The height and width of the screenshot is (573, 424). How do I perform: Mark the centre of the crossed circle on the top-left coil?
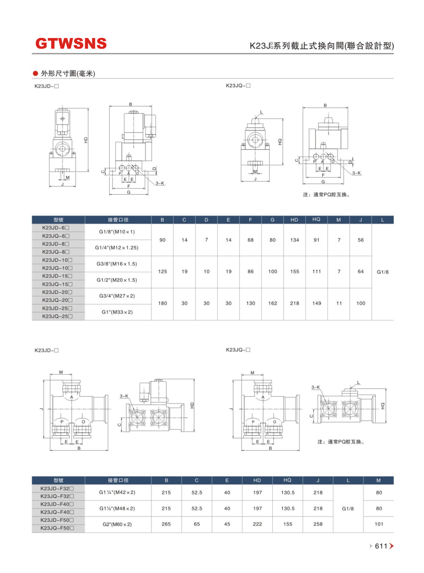click(x=62, y=119)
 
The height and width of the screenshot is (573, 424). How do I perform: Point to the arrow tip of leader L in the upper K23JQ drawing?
click(x=255, y=118)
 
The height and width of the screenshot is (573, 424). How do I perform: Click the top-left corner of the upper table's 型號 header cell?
click(x=32, y=216)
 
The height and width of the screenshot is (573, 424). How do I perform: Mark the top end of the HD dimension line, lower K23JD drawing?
click(x=194, y=379)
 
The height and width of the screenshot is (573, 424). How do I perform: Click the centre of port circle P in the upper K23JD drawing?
click(x=122, y=168)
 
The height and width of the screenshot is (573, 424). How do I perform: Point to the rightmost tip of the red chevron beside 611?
click(x=393, y=546)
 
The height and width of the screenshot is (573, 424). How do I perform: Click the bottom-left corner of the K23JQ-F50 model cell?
click(x=32, y=532)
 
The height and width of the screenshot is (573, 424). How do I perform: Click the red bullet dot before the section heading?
click(x=35, y=74)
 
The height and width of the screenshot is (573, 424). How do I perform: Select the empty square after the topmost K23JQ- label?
click(x=248, y=86)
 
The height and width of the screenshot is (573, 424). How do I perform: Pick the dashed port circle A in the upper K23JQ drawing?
click(x=323, y=156)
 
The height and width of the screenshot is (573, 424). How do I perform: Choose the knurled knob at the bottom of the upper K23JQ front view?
click(x=255, y=163)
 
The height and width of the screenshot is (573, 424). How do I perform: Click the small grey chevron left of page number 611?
click(x=371, y=546)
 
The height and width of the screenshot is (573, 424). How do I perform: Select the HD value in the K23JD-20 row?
click(x=294, y=303)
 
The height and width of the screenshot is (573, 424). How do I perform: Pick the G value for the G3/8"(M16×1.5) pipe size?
click(x=273, y=272)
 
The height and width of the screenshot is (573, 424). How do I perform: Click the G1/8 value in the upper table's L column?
click(x=382, y=272)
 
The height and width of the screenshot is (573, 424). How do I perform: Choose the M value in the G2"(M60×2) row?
click(x=379, y=524)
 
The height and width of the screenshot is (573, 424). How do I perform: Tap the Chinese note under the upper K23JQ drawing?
click(x=326, y=195)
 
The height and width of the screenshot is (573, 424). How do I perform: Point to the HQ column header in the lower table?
click(x=287, y=480)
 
